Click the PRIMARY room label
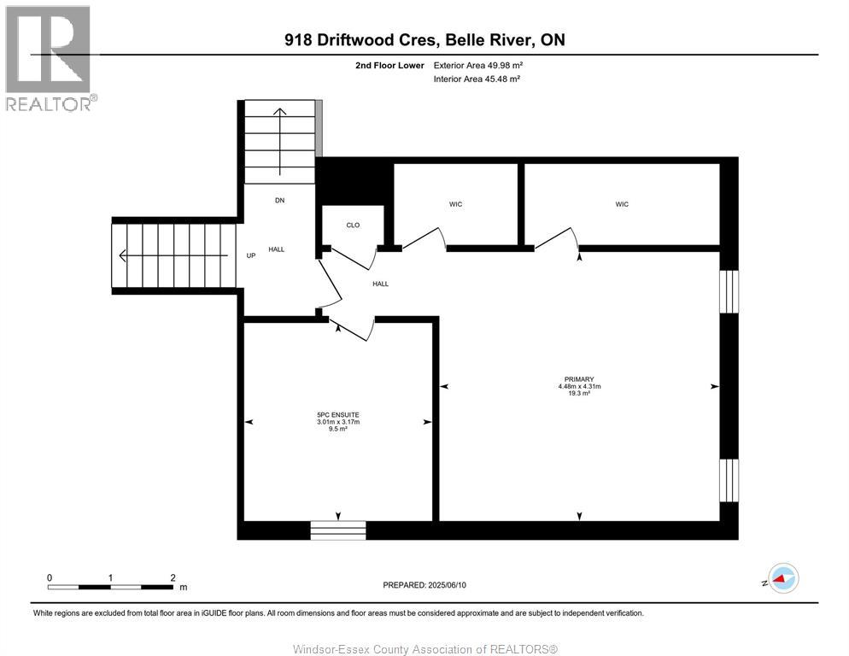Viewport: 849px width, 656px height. (578, 379)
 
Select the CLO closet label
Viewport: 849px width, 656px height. (353, 225)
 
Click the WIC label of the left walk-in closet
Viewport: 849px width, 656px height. (455, 204)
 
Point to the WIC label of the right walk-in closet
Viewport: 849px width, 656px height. (622, 204)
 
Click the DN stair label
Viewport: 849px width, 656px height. (278, 201)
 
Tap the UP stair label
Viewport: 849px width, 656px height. (251, 255)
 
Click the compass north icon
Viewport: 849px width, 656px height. (782, 579)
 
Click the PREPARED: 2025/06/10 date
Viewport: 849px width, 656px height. (424, 585)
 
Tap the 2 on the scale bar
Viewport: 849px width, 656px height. (173, 577)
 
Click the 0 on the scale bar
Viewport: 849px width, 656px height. (50, 577)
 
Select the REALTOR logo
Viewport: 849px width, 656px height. (49, 58)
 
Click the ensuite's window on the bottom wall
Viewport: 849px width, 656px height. (337, 530)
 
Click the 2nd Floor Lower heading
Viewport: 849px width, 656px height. (390, 65)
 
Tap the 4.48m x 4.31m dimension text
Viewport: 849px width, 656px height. (578, 387)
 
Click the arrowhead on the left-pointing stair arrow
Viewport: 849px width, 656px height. (124, 255)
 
